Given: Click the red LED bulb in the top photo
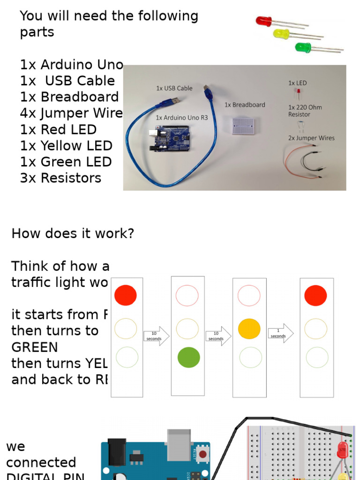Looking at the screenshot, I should [x=264, y=21].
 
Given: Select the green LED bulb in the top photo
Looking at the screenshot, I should [x=303, y=47].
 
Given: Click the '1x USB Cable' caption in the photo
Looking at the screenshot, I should [x=174, y=88].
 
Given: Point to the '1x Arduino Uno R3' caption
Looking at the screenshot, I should [x=181, y=118].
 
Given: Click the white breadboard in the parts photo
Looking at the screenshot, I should [x=244, y=125].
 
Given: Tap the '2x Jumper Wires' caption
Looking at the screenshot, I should [x=311, y=138].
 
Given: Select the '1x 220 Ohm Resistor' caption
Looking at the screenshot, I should [x=305, y=111].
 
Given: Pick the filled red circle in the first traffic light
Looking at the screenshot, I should [x=126, y=295].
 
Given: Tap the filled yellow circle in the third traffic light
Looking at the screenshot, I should [x=249, y=329].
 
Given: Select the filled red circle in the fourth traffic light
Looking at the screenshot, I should [x=315, y=295].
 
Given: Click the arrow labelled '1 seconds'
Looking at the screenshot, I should [x=280, y=334].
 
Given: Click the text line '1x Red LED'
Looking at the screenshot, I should [x=59, y=129].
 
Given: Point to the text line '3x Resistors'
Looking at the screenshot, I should [x=61, y=178].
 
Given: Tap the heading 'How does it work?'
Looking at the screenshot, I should [x=73, y=233].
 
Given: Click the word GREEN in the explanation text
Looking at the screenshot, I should [x=35, y=347].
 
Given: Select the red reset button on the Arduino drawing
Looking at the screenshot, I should [x=203, y=454].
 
